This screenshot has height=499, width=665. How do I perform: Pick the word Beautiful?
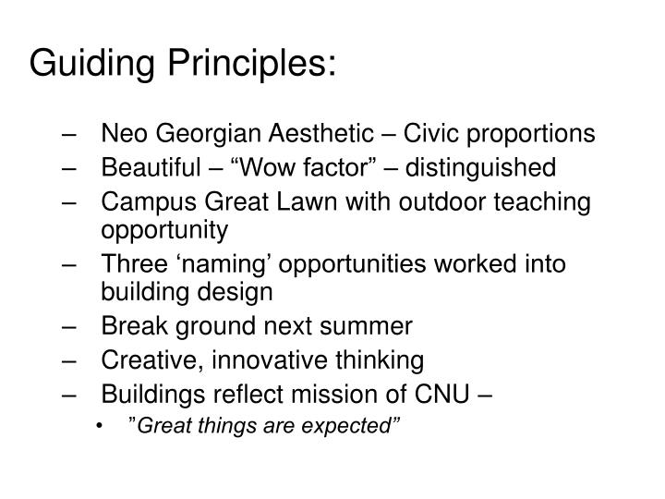pyautogui.click(x=150, y=167)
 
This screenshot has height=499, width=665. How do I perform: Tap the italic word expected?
pyautogui.click(x=361, y=428)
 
